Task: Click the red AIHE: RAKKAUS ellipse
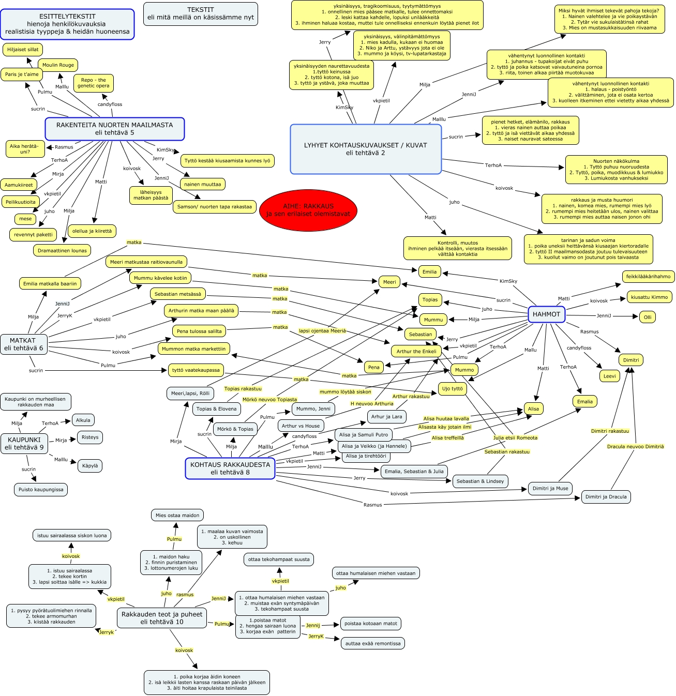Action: click(308, 210)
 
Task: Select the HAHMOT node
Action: click(546, 314)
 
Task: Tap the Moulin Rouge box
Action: click(58, 65)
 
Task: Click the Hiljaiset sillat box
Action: click(23, 50)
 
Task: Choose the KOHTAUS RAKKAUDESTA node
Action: click(230, 468)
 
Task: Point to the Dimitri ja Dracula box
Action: click(606, 497)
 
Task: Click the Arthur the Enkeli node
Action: click(416, 352)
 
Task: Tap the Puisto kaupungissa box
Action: click(41, 490)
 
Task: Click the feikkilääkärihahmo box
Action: click(648, 277)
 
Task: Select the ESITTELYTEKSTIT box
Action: click(67, 24)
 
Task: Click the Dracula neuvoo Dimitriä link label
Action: click(635, 447)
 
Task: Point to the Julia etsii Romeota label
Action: click(515, 438)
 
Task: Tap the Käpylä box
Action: click(90, 466)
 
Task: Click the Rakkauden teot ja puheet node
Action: click(162, 618)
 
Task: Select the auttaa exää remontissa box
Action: click(373, 644)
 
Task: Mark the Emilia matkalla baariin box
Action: click(50, 283)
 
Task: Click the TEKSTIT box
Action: click(201, 13)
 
